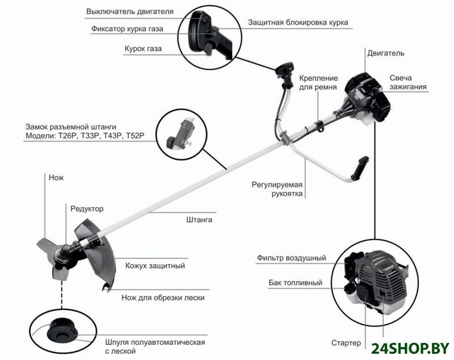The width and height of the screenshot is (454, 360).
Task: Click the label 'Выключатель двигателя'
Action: click(130, 12)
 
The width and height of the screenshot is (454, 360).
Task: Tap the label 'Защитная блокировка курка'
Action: click(298, 23)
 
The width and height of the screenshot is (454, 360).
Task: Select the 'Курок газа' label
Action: click(143, 49)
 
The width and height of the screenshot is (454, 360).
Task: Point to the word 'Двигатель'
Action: click(386, 53)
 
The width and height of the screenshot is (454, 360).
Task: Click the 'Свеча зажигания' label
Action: click(407, 82)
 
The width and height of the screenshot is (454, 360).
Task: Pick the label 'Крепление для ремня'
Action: click(318, 82)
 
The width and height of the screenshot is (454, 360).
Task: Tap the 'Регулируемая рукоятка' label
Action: click(277, 189)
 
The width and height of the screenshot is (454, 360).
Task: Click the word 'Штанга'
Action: click(199, 220)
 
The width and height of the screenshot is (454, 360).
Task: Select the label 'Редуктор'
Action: click(87, 209)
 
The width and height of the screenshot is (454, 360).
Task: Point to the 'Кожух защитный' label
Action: click(155, 266)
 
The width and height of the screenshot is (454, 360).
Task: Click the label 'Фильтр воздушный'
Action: click(291, 258)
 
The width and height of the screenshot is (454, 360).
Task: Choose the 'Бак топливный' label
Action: click(295, 282)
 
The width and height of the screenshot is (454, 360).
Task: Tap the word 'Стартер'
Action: click(346, 343)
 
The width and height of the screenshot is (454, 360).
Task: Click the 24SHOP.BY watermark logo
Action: click(410, 348)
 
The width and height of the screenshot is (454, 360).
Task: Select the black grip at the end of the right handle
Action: click(360, 168)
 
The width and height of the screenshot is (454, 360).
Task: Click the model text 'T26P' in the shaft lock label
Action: click(68, 136)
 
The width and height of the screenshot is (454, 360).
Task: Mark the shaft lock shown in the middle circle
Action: click(182, 134)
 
